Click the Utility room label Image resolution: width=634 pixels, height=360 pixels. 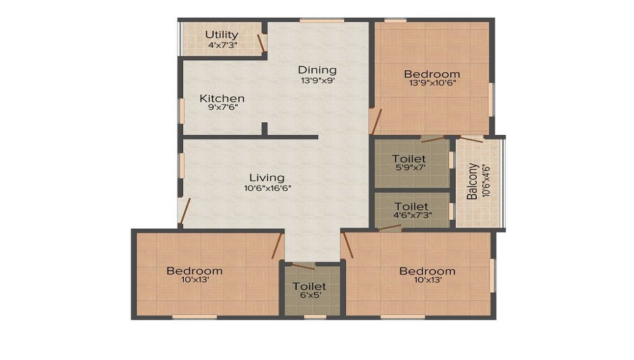click(222, 34)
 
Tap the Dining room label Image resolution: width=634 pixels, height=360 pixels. click(317, 70)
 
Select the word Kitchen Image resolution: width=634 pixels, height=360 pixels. click(222, 98)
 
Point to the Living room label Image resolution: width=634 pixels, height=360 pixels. click(266, 177)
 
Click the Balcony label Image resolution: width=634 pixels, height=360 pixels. click(473, 182)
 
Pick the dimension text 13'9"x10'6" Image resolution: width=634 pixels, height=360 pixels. click(431, 82)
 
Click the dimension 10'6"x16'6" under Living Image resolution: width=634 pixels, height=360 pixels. click(266, 188)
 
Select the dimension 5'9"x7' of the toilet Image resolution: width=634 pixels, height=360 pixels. click(409, 168)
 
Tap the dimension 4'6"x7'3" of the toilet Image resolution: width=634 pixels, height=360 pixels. click(411, 216)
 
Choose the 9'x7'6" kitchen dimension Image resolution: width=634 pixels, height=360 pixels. click(222, 108)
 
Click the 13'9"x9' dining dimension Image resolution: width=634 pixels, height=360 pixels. click(317, 80)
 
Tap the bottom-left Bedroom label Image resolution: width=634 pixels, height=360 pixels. click(194, 271)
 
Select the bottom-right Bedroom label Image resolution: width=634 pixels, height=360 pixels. click(427, 271)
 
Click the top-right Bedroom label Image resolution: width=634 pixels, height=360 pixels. click(431, 74)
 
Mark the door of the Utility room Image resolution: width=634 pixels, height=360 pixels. click(261, 42)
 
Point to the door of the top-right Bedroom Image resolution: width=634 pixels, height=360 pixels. click(377, 120)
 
